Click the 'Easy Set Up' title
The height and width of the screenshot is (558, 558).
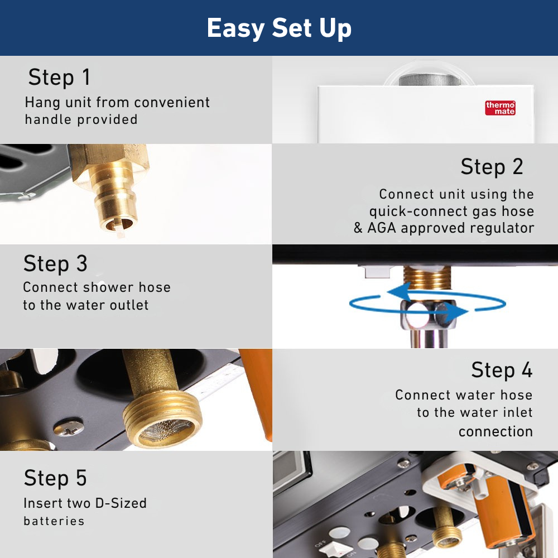pos(279,28)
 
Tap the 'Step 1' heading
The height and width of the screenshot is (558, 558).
pos(59,78)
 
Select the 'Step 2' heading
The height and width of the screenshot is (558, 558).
pos(492,166)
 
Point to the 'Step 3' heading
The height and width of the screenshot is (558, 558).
pos(55,264)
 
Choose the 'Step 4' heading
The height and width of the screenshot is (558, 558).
pos(502,370)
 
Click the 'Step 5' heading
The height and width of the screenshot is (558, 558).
pos(55,478)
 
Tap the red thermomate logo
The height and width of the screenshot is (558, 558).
pos(500,108)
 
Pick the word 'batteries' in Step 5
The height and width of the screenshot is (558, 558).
pos(54,521)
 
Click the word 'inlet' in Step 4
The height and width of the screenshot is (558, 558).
pos(516,413)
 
